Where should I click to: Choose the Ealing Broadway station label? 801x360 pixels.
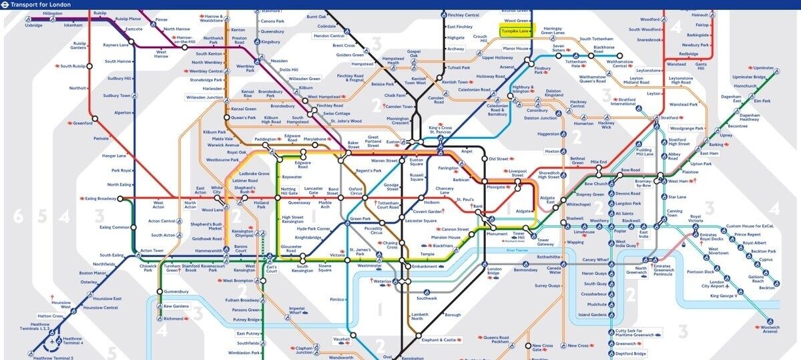point(100,198)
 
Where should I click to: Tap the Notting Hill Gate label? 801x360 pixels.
point(288,192)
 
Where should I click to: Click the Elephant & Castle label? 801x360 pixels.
point(440,340)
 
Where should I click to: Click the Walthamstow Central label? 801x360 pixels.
point(620,63)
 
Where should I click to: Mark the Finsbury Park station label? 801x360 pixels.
point(543,69)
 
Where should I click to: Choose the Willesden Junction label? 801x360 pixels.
point(206,98)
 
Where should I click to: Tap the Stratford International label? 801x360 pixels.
point(623,102)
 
